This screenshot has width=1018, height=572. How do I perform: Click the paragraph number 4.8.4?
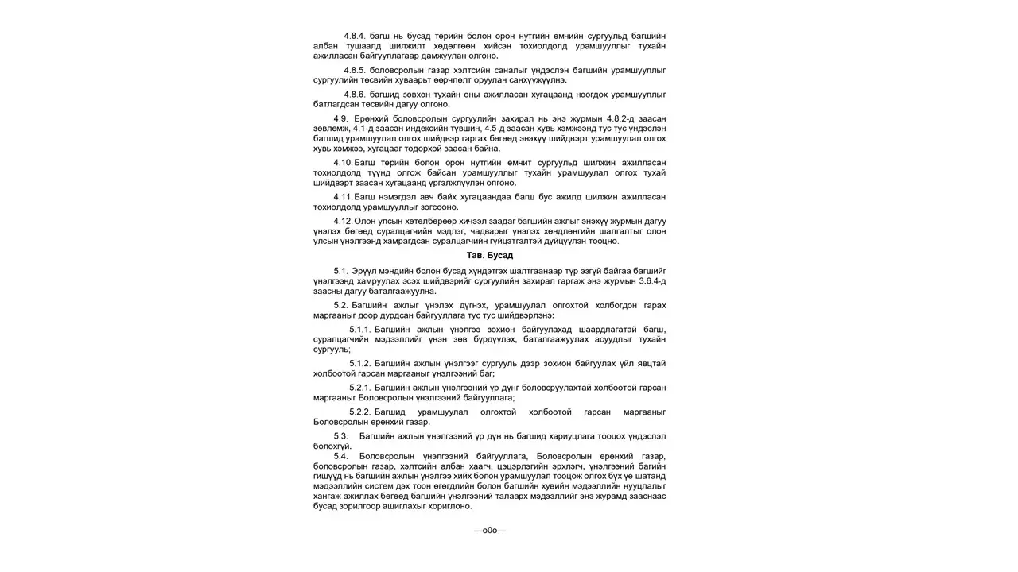click(x=355, y=36)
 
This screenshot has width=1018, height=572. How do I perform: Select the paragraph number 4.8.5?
click(x=355, y=70)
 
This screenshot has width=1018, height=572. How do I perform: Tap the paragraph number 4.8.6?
click(x=355, y=94)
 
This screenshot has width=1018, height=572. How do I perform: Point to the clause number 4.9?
click(x=340, y=118)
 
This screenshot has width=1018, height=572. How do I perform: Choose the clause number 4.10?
click(x=343, y=162)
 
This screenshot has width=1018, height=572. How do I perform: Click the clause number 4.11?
click(x=343, y=196)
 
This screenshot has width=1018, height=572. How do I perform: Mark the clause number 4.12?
click(x=343, y=220)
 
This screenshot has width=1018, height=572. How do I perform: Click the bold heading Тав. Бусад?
click(x=489, y=255)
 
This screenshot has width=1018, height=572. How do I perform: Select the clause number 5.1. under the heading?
click(x=340, y=271)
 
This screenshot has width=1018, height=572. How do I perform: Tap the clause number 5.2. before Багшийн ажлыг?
click(x=340, y=305)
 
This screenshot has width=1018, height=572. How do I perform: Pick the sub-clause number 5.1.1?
click(x=359, y=329)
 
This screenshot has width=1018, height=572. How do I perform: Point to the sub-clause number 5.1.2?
click(x=359, y=363)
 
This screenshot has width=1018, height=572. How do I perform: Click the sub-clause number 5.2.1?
click(x=359, y=387)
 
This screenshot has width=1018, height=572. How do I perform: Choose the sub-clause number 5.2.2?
click(x=359, y=412)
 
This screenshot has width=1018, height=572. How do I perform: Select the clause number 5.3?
click(x=340, y=435)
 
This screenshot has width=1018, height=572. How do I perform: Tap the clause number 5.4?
click(x=340, y=455)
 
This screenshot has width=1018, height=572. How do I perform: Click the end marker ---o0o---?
click(x=489, y=530)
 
